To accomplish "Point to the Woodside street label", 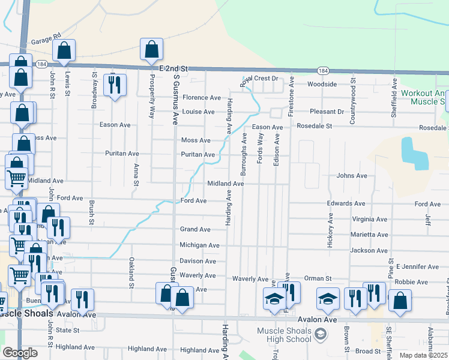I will coord(322,85).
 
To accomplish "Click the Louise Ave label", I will coord(199,112).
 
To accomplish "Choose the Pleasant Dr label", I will coord(327,112).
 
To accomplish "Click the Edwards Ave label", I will coord(346,204).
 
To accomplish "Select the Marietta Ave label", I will coord(370,235).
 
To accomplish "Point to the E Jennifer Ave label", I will coord(417,266).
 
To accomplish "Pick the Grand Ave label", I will coord(196,229).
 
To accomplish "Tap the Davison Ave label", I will coord(198,261).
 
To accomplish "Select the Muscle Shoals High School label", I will coord(285,335).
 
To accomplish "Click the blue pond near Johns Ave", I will coord(414,154).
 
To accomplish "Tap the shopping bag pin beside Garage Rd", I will coord(64,52).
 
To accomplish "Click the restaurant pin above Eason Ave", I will coord(114,85).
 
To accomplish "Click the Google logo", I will coord(20,353).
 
